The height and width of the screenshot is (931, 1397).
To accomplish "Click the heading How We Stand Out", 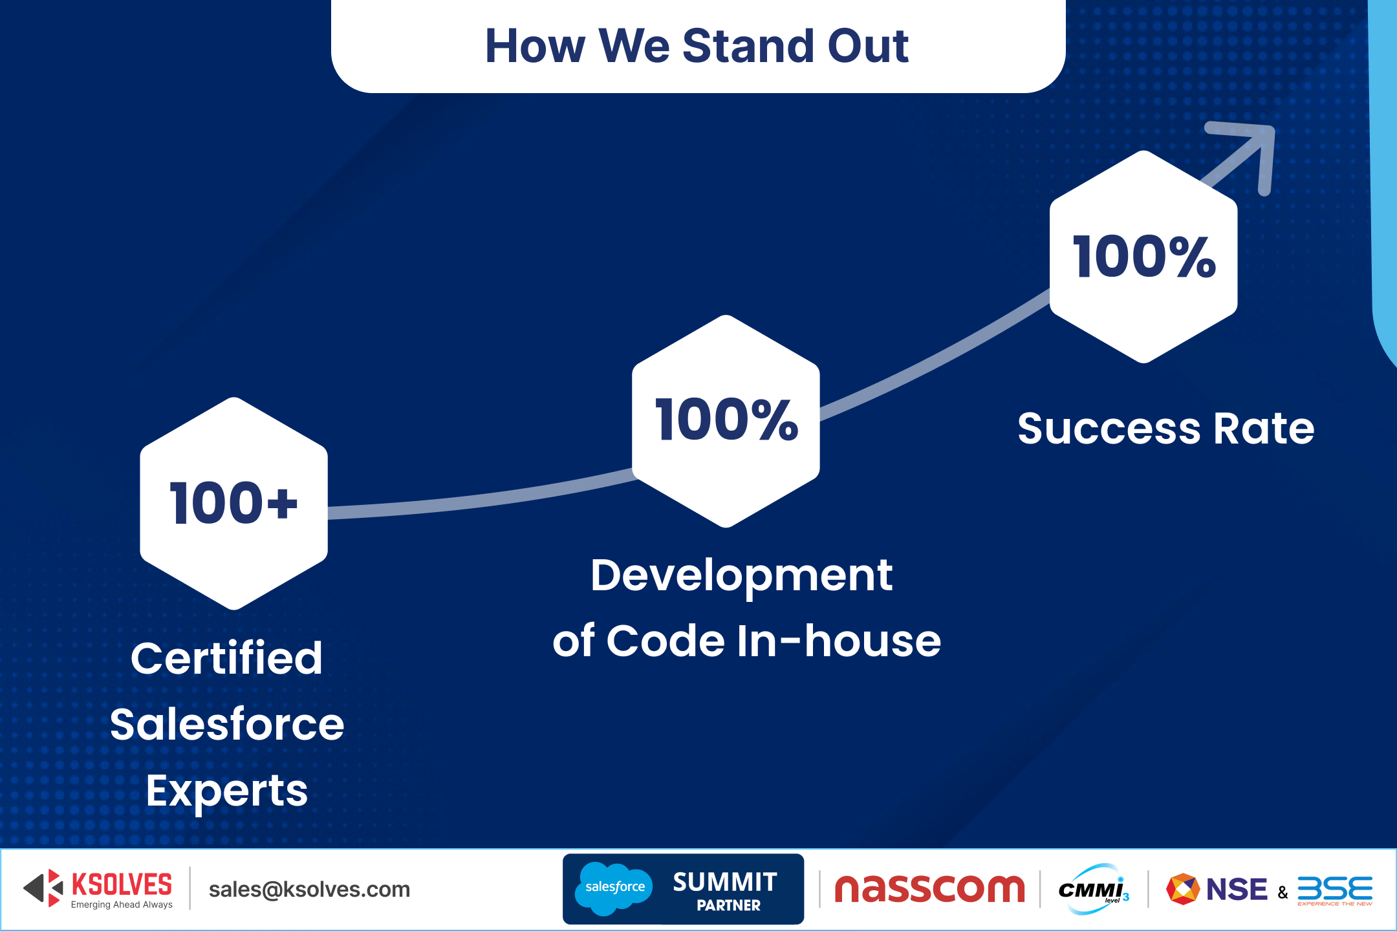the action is [x=697, y=46].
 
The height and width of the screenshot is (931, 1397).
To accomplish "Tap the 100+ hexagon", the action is [x=234, y=504].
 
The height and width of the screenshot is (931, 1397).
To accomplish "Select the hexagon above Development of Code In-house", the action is [x=726, y=421].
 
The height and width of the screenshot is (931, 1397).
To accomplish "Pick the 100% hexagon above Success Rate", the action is [x=1143, y=257].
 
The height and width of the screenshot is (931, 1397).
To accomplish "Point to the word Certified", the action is [x=227, y=659].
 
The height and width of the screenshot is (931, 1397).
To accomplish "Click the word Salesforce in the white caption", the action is [x=227, y=724].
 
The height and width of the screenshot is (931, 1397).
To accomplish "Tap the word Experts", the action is [x=227, y=791].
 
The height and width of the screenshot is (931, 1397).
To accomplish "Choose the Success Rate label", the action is [x=1166, y=429].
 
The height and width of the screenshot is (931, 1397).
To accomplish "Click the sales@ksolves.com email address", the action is [x=309, y=890].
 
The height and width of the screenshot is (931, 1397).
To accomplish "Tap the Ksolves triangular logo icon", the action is [x=43, y=888].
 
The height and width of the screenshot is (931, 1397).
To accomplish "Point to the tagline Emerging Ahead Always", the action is [x=122, y=904].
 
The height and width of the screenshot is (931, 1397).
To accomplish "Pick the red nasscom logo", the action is [x=930, y=889].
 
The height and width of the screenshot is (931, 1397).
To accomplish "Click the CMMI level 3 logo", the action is [x=1094, y=889].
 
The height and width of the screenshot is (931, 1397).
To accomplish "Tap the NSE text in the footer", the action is [x=1237, y=890].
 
